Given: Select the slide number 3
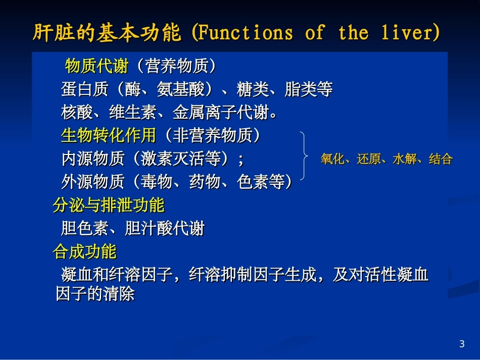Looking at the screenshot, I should click(x=461, y=344).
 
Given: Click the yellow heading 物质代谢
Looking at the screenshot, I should click(x=97, y=66).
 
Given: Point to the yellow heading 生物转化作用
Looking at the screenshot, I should click(x=108, y=135).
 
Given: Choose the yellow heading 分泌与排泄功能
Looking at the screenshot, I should click(x=109, y=205).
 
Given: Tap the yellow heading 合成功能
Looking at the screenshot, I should click(x=84, y=251).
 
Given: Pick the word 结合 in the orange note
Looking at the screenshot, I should click(x=441, y=160).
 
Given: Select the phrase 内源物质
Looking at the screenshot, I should click(x=92, y=159).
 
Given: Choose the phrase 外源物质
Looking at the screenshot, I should click(x=92, y=181).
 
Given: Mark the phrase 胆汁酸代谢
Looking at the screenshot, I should click(x=164, y=228).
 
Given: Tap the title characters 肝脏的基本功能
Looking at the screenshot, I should click(x=107, y=33).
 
